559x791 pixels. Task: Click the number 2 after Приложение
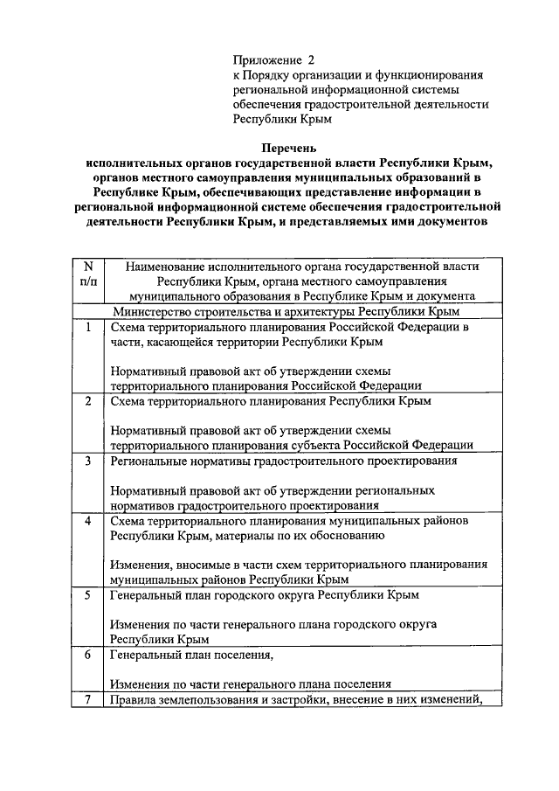(309, 60)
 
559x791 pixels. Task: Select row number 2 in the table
(87, 401)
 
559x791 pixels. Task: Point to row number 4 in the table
(87, 520)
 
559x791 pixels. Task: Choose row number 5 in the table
(87, 595)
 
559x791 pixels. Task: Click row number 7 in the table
(87, 699)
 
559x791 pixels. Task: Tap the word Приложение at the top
(266, 60)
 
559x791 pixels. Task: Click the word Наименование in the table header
(168, 266)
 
